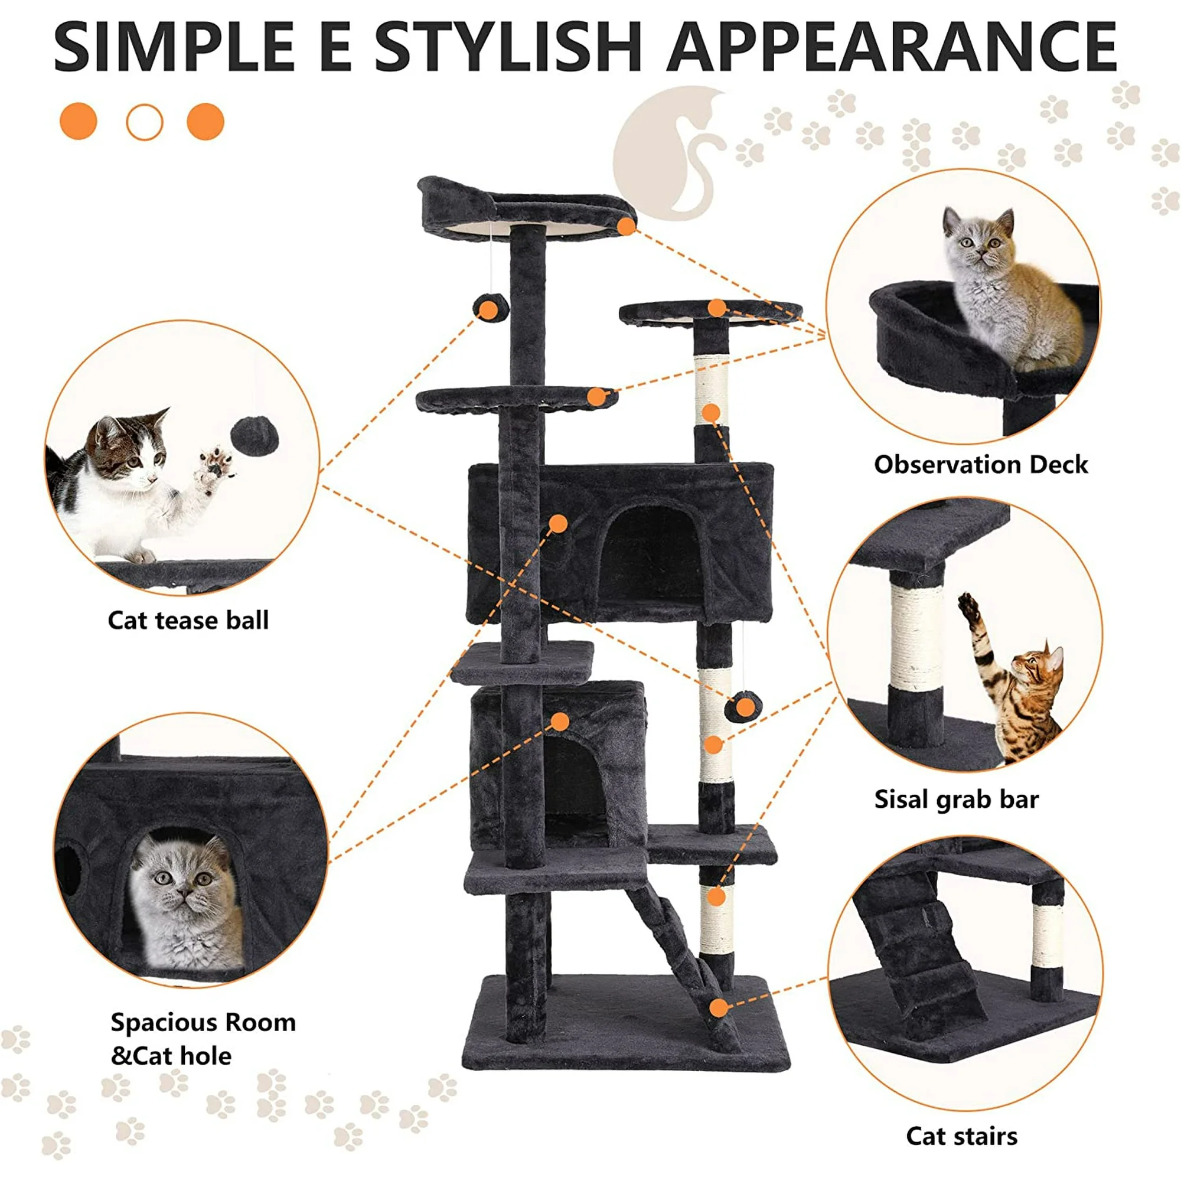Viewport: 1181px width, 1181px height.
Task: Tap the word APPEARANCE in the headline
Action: (892, 47)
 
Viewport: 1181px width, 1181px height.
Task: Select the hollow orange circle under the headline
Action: (144, 122)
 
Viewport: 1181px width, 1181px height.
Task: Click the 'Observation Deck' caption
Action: (981, 465)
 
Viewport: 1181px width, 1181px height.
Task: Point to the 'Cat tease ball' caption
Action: (188, 621)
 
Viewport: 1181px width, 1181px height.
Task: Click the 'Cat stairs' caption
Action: (961, 1136)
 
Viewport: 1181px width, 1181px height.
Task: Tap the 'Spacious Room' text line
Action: (203, 1023)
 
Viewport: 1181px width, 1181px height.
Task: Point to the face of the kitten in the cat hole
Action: (184, 877)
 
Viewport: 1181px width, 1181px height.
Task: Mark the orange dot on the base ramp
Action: (719, 1008)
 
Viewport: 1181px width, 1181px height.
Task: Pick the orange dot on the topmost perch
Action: (626, 227)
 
